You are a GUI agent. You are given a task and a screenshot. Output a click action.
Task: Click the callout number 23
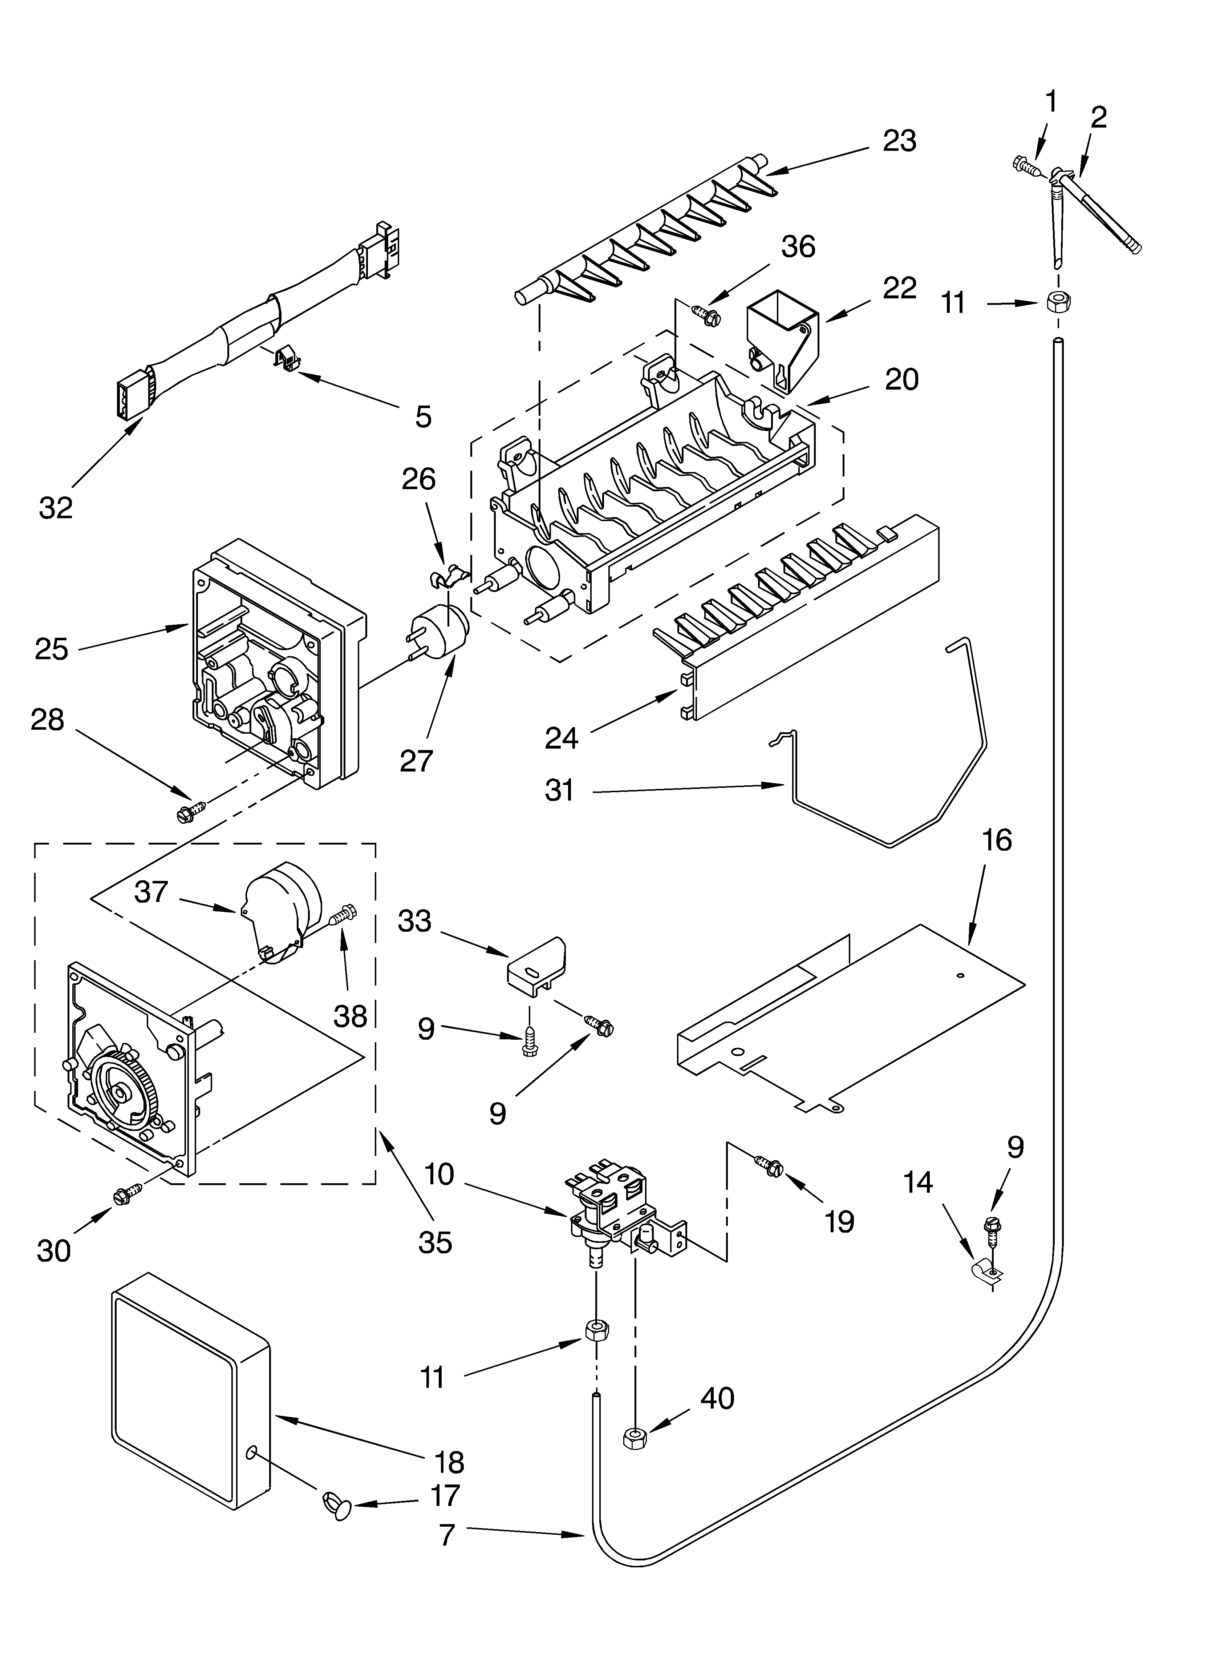[x=899, y=141]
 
